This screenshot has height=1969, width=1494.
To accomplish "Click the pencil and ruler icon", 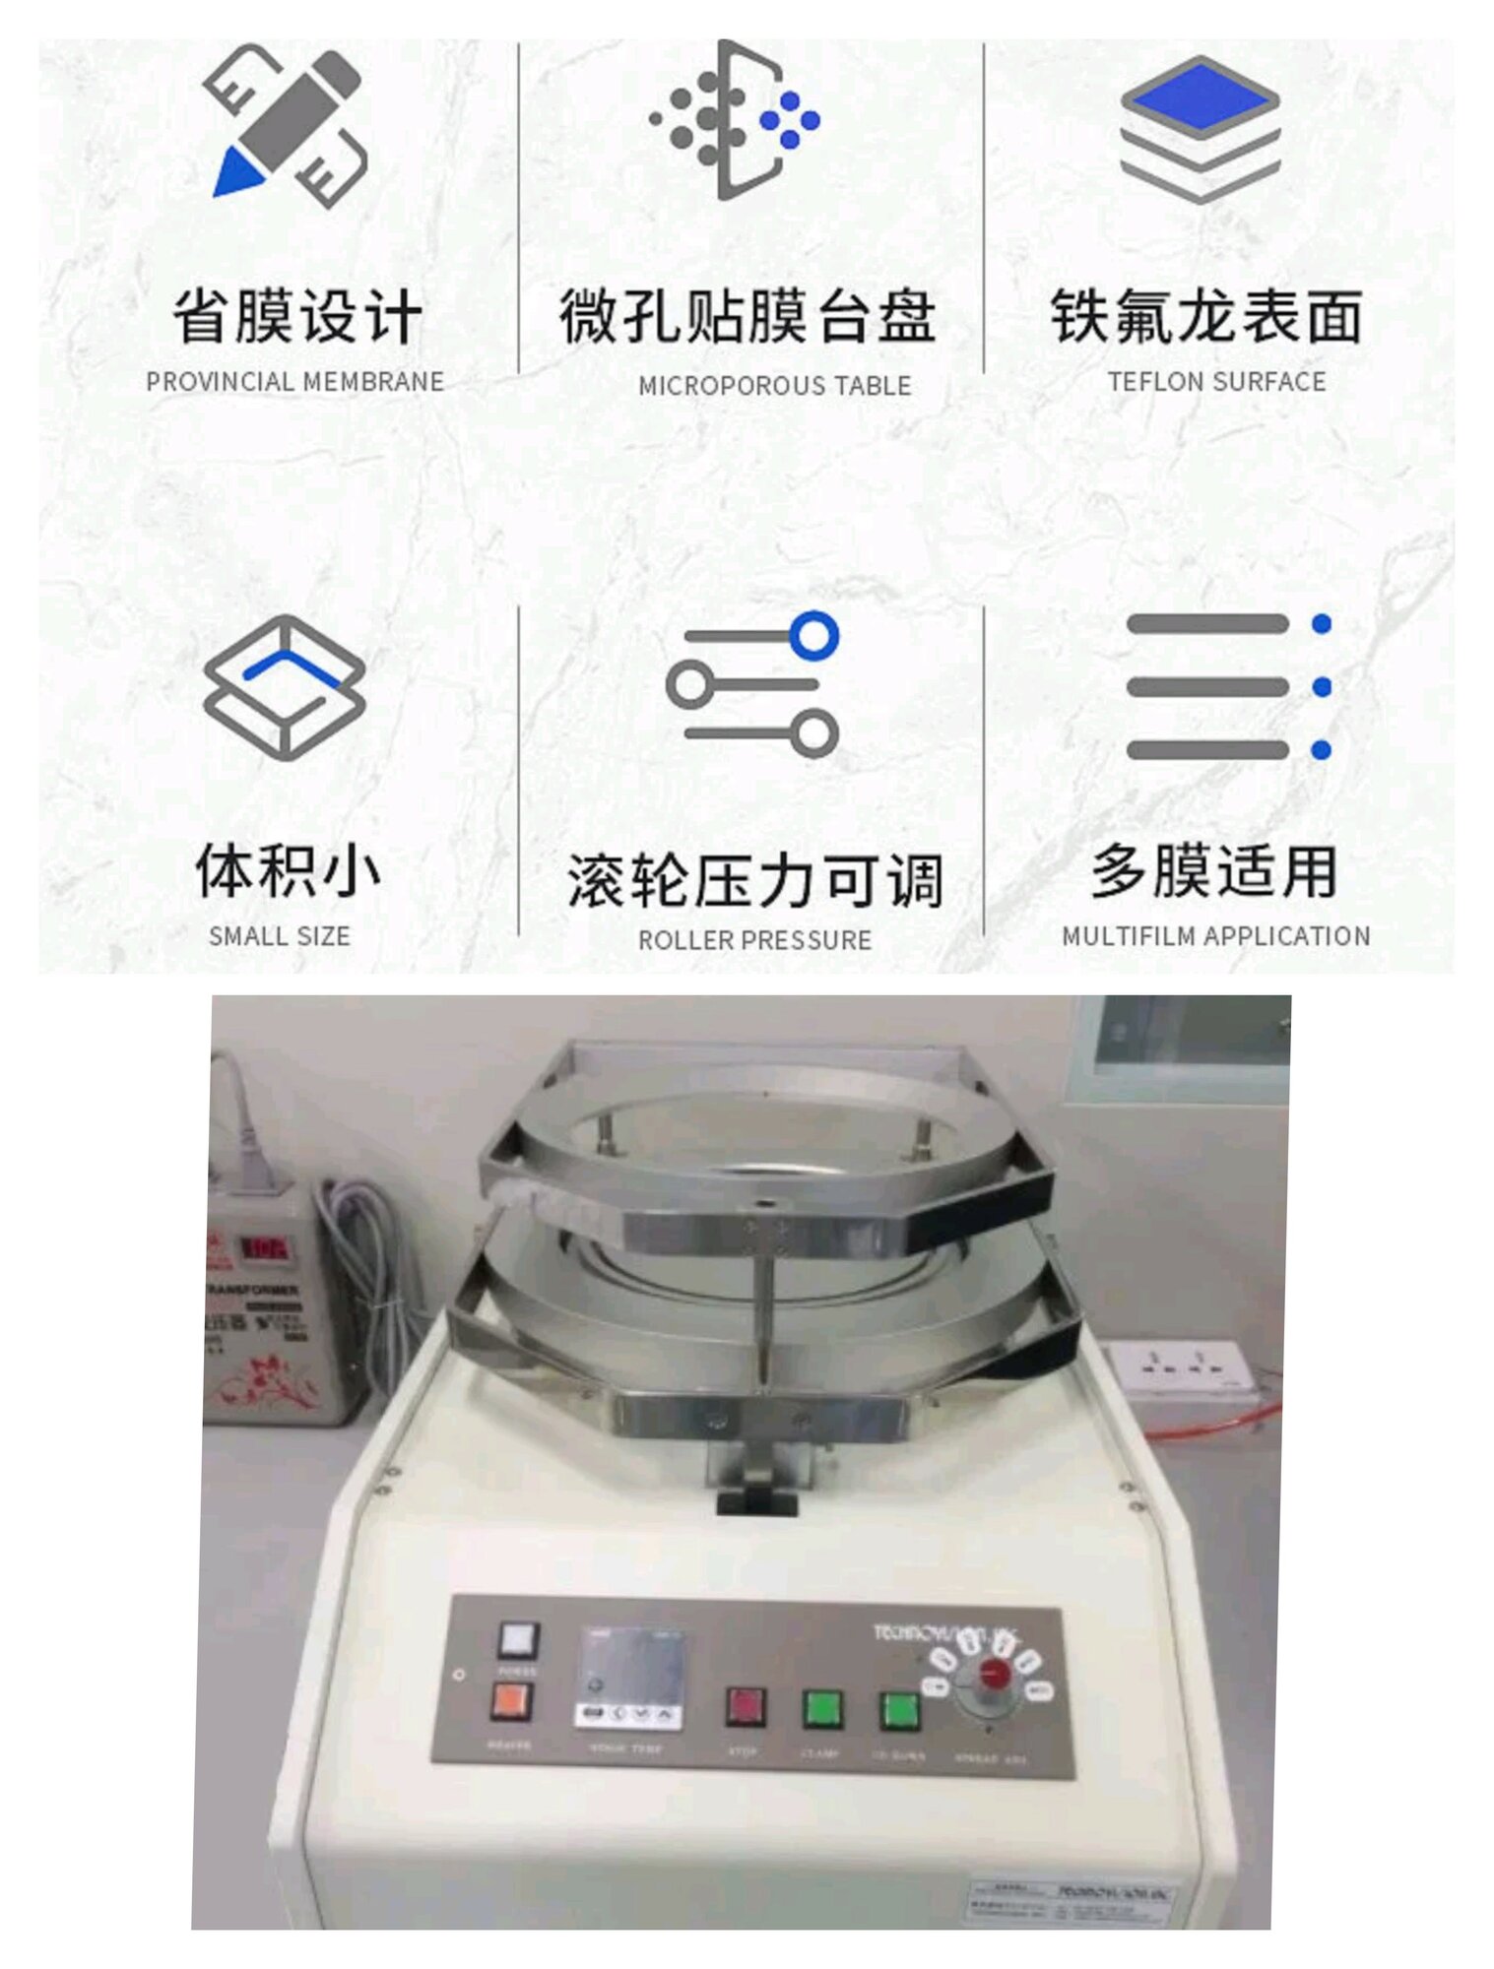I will coord(286,125).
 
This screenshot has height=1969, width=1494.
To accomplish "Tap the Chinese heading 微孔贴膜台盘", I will coord(747,317).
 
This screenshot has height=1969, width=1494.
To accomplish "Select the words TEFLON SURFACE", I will coord(1216,382).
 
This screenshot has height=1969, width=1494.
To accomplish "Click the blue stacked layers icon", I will coord(1200,128).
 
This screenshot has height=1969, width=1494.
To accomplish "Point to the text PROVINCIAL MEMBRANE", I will coord(294,382).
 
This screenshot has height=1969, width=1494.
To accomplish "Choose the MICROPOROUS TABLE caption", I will coord(774,386).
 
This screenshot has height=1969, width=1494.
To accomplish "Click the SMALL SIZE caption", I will coord(280,936).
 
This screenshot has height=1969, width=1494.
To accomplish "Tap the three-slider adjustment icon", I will coord(753,684).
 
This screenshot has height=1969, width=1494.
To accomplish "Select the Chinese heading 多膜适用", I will coord(1213,871).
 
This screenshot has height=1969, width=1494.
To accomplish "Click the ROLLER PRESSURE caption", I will coord(754,940).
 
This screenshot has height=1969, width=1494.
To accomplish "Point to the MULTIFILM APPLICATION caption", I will coord(1215,936).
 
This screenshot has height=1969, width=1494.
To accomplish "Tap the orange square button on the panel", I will coord(511,1700).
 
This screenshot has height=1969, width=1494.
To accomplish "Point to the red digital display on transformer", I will coord(263,1249).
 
